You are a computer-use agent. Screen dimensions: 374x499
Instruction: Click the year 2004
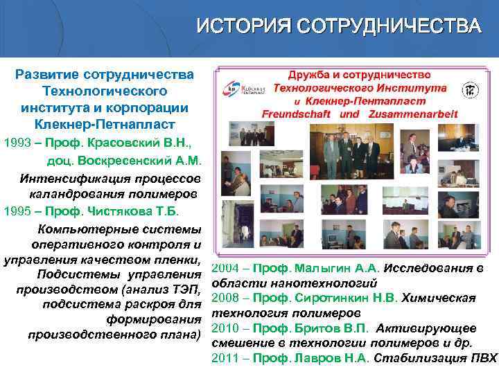click(225, 268)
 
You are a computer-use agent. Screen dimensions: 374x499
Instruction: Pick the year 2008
click(225, 298)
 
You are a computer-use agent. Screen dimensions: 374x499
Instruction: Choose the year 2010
click(225, 328)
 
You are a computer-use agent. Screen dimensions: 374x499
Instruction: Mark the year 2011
click(225, 357)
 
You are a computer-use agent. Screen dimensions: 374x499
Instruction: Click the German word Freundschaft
click(300, 113)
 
